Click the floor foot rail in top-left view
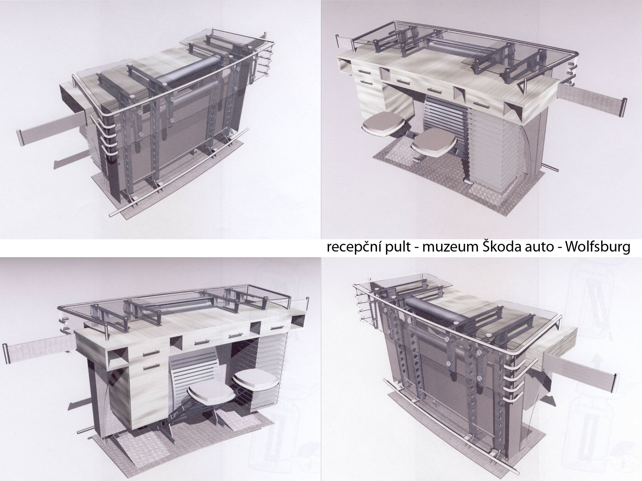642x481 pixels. coord(179,171)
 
